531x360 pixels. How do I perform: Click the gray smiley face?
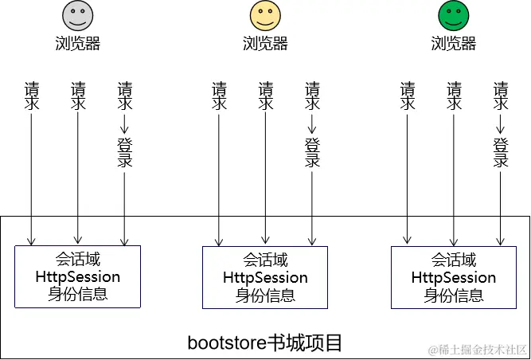point(78,16)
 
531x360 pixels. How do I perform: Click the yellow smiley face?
point(265,16)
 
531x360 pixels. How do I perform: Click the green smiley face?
point(454,16)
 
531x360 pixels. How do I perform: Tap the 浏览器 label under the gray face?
point(78,44)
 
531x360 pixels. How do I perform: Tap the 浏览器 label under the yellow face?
point(265,44)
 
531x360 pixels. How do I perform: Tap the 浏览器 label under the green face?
point(454,44)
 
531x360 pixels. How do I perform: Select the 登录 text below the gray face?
point(124,153)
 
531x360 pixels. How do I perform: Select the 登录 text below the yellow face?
point(312,153)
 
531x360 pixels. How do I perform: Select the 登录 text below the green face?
point(500,153)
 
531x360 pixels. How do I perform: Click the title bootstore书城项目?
point(265,343)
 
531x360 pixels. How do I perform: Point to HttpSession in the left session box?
point(78,277)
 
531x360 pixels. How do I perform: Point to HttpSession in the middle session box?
point(265,278)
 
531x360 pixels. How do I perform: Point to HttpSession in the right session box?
point(454,278)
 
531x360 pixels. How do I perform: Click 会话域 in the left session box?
point(78,260)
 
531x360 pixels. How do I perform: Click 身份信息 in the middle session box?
point(265,295)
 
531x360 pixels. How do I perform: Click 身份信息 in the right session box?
point(454,295)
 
